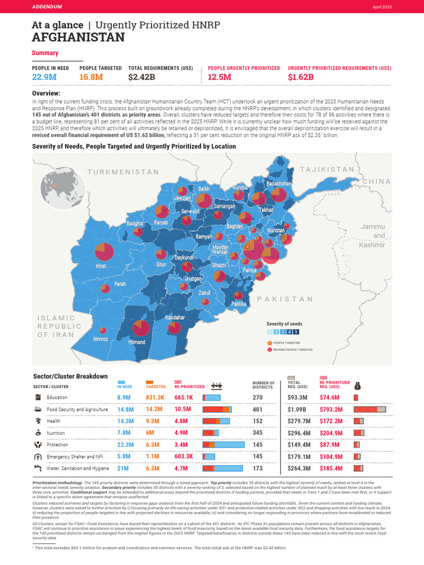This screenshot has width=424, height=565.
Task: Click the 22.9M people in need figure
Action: point(45,77)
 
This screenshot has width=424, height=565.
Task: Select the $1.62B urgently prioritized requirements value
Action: point(300,77)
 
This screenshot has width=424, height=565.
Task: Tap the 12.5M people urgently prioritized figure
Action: point(219,77)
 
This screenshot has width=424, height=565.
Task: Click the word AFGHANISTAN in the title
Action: point(78,38)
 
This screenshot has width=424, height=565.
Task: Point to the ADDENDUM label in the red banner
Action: point(47,7)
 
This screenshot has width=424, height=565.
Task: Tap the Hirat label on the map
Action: point(101,266)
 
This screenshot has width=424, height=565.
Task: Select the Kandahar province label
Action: point(174,318)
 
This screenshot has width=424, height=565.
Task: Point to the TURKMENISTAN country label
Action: point(123,172)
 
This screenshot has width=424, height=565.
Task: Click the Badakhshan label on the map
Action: point(278,183)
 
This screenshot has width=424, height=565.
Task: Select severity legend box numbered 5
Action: point(296,332)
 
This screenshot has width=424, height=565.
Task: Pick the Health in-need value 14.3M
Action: point(125,421)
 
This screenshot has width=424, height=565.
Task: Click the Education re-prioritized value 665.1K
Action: point(183,397)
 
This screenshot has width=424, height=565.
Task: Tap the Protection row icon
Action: point(38,445)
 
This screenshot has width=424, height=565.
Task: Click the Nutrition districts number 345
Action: point(257,433)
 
